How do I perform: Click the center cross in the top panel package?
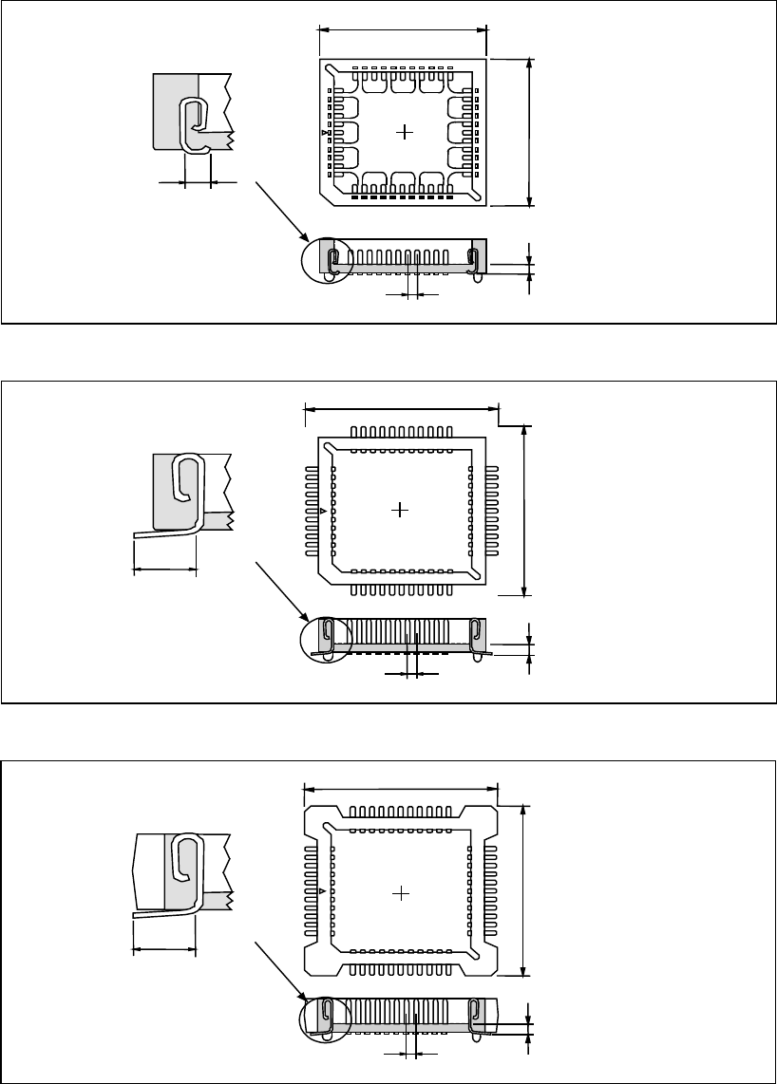pos(406,131)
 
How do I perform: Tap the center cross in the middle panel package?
pos(400,510)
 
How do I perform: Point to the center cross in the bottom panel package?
pos(402,893)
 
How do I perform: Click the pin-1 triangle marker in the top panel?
pos(325,134)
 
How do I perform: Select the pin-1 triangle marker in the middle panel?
pos(324,512)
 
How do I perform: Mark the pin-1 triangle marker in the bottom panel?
pos(324,891)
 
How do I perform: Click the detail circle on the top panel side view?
pos(327,257)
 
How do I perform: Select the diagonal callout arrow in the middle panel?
pos(282,591)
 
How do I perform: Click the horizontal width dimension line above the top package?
pos(402,28)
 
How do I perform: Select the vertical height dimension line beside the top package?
pos(530,131)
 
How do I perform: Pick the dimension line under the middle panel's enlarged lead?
pos(164,570)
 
